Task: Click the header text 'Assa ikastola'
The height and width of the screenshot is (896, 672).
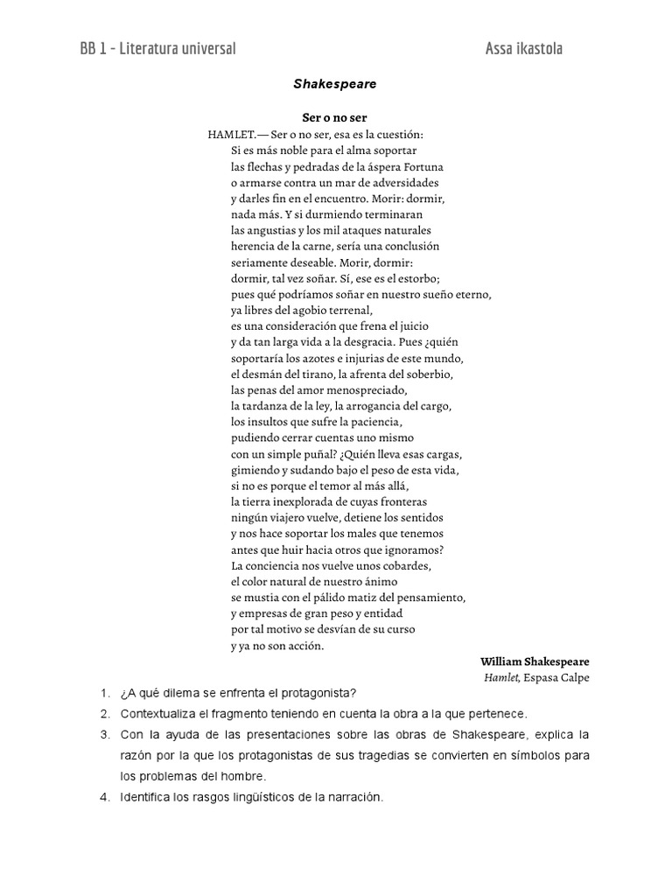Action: pos(523,49)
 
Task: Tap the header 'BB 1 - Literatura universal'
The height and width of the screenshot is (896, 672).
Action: pos(157,49)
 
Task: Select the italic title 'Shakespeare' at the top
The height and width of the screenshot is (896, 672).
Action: pos(335,84)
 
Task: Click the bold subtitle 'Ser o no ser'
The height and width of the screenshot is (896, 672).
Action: pos(335,119)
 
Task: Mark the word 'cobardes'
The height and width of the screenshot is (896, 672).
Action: pos(407,566)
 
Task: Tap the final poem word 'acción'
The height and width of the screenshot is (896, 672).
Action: pos(304,646)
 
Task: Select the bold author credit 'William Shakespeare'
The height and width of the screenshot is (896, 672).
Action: pos(535,661)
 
